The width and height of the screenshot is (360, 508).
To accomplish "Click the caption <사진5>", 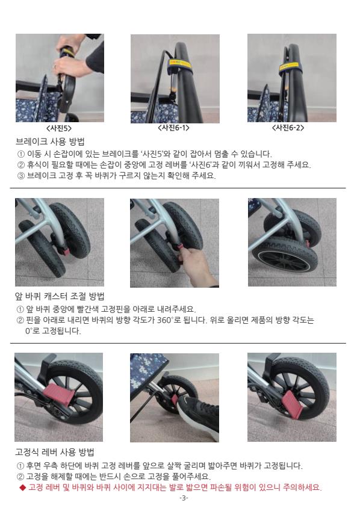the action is coord(60,128).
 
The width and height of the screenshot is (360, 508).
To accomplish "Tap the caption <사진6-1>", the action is coord(174,128).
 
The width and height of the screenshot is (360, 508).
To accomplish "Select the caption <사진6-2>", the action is coord(288,128).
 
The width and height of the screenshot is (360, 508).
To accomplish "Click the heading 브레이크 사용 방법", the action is coord(50,142).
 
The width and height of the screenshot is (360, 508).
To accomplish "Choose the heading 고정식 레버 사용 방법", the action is coord(54,452).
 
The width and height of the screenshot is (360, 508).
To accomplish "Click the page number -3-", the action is coord(184,498).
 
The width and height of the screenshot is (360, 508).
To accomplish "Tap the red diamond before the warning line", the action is coord(22,488).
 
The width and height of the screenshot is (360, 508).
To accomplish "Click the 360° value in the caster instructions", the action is coord(166,320).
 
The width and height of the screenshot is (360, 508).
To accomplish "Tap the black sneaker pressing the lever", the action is coord(198,415).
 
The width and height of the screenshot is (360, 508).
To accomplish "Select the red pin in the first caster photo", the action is coord(65,250).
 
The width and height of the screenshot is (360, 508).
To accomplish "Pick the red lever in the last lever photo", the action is coord(293,403).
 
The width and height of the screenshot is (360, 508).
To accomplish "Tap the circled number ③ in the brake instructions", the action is coord(20,176).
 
